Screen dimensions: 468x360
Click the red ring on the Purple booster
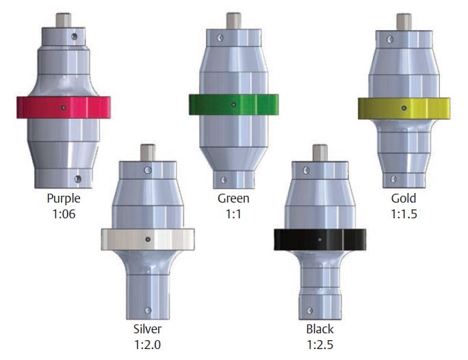(63, 107)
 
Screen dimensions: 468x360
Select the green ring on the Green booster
(234, 105)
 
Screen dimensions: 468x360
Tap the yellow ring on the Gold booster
(404, 108)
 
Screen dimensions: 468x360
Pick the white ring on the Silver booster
(148, 239)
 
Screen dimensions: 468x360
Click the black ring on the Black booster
(320, 240)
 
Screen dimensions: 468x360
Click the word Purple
(64, 198)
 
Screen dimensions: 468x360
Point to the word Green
(233, 198)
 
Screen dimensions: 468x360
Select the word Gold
(404, 198)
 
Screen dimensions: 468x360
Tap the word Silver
(147, 329)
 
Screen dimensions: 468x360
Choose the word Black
(320, 329)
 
